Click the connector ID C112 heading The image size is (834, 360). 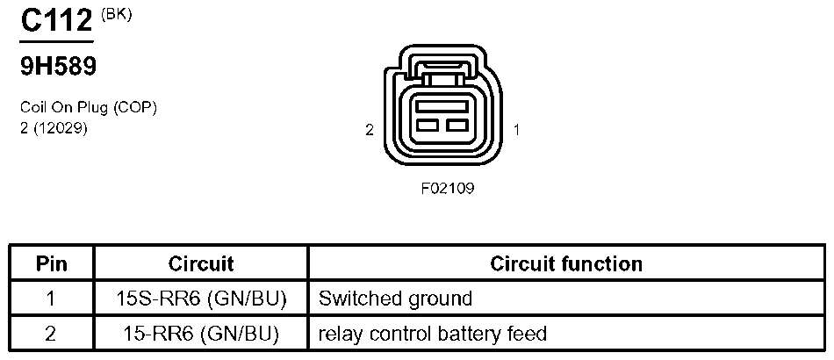click(56, 21)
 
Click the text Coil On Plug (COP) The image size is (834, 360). click(89, 108)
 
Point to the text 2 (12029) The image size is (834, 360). click(54, 128)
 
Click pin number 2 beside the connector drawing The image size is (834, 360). click(370, 130)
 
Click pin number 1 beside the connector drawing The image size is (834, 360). click(516, 130)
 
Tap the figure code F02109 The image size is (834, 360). click(448, 188)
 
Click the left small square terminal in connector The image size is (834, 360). click(428, 126)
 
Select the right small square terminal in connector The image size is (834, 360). click(457, 126)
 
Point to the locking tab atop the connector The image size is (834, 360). click(442, 68)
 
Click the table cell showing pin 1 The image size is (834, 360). click(52, 299)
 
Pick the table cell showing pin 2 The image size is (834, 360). click(52, 334)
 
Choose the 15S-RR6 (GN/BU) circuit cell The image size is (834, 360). click(201, 299)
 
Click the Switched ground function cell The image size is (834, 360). click(395, 299)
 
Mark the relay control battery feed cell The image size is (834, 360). click(433, 334)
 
